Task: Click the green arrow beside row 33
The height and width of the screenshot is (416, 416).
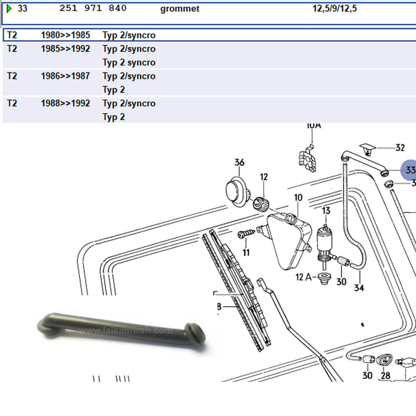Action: (10, 8)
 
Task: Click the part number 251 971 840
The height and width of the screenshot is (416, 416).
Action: (93, 8)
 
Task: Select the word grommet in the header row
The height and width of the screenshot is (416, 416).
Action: (179, 9)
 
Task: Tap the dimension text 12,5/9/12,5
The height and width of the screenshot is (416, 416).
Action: (334, 9)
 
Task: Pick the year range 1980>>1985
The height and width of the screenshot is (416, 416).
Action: (65, 35)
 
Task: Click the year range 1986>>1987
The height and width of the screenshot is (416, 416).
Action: (65, 76)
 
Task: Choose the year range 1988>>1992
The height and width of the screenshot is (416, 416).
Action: (65, 103)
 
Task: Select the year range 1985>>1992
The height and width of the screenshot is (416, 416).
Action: (65, 49)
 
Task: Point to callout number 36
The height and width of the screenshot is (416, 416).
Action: (239, 162)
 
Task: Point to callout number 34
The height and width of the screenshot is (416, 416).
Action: (359, 287)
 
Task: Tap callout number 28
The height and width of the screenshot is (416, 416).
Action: (386, 375)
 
